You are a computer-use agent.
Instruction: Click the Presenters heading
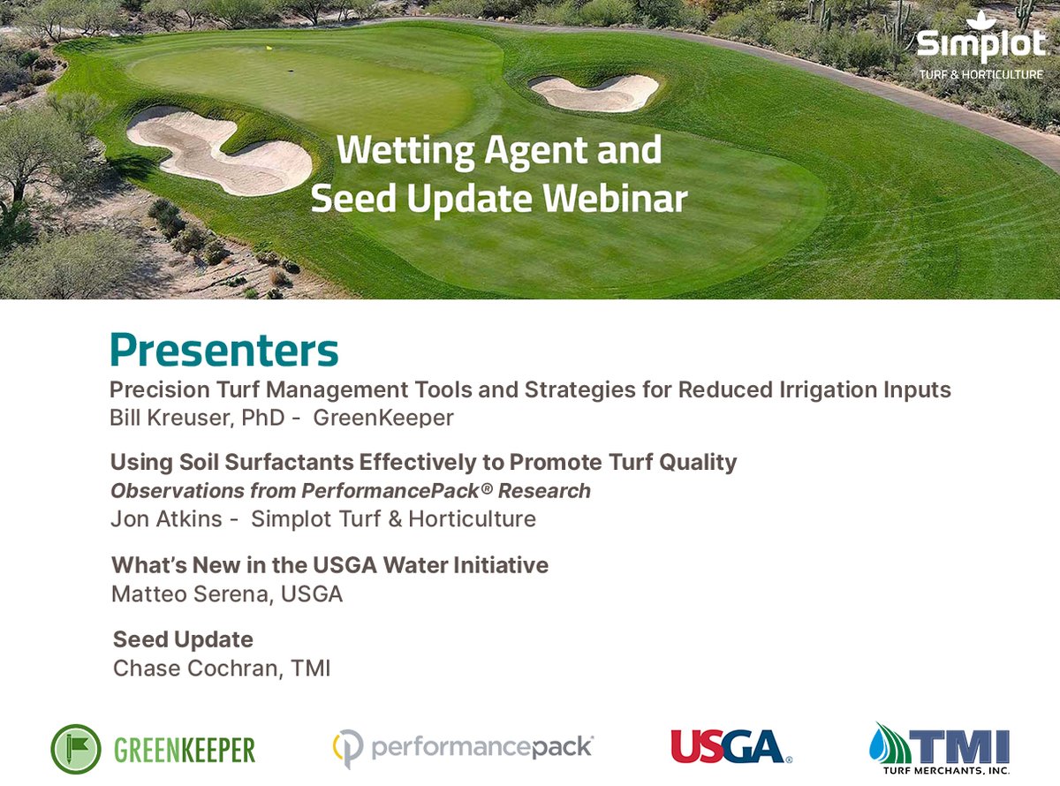tap(224, 350)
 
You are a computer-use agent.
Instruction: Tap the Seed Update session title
tap(184, 639)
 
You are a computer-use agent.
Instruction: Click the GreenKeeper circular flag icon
tap(77, 750)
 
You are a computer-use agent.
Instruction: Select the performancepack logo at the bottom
tap(464, 749)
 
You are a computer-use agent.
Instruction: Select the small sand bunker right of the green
tap(595, 91)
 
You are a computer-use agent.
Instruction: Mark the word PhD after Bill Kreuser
tap(265, 418)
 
